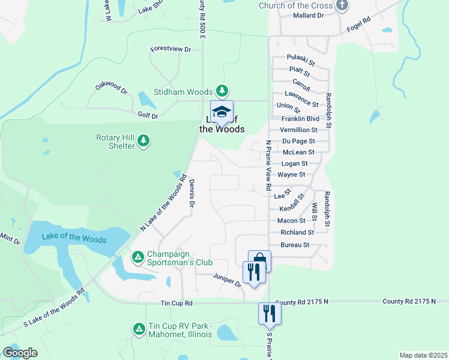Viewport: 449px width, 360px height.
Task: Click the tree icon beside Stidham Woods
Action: [x=223, y=91]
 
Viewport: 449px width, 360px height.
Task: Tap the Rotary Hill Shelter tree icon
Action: [x=143, y=141]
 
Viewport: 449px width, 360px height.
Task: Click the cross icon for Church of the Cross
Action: [x=342, y=6]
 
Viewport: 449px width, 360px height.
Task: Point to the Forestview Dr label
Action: [x=170, y=49]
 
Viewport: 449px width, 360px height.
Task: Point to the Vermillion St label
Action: [x=299, y=130]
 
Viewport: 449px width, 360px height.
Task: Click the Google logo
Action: [x=20, y=352]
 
